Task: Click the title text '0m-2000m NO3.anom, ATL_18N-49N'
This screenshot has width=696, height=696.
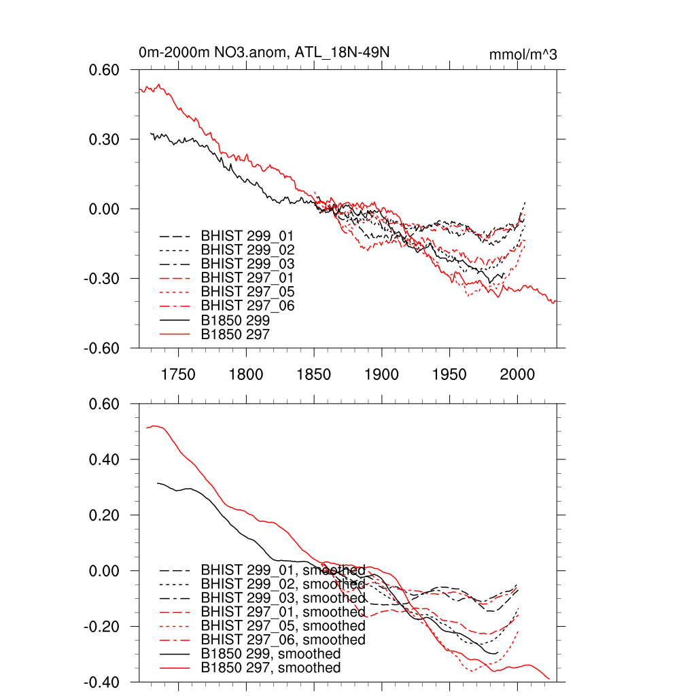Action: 264,52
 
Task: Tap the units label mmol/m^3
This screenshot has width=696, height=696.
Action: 523,54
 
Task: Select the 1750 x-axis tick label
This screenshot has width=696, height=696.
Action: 178,375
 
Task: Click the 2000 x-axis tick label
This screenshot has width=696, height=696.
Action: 517,375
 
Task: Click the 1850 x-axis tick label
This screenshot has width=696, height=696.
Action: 314,375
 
